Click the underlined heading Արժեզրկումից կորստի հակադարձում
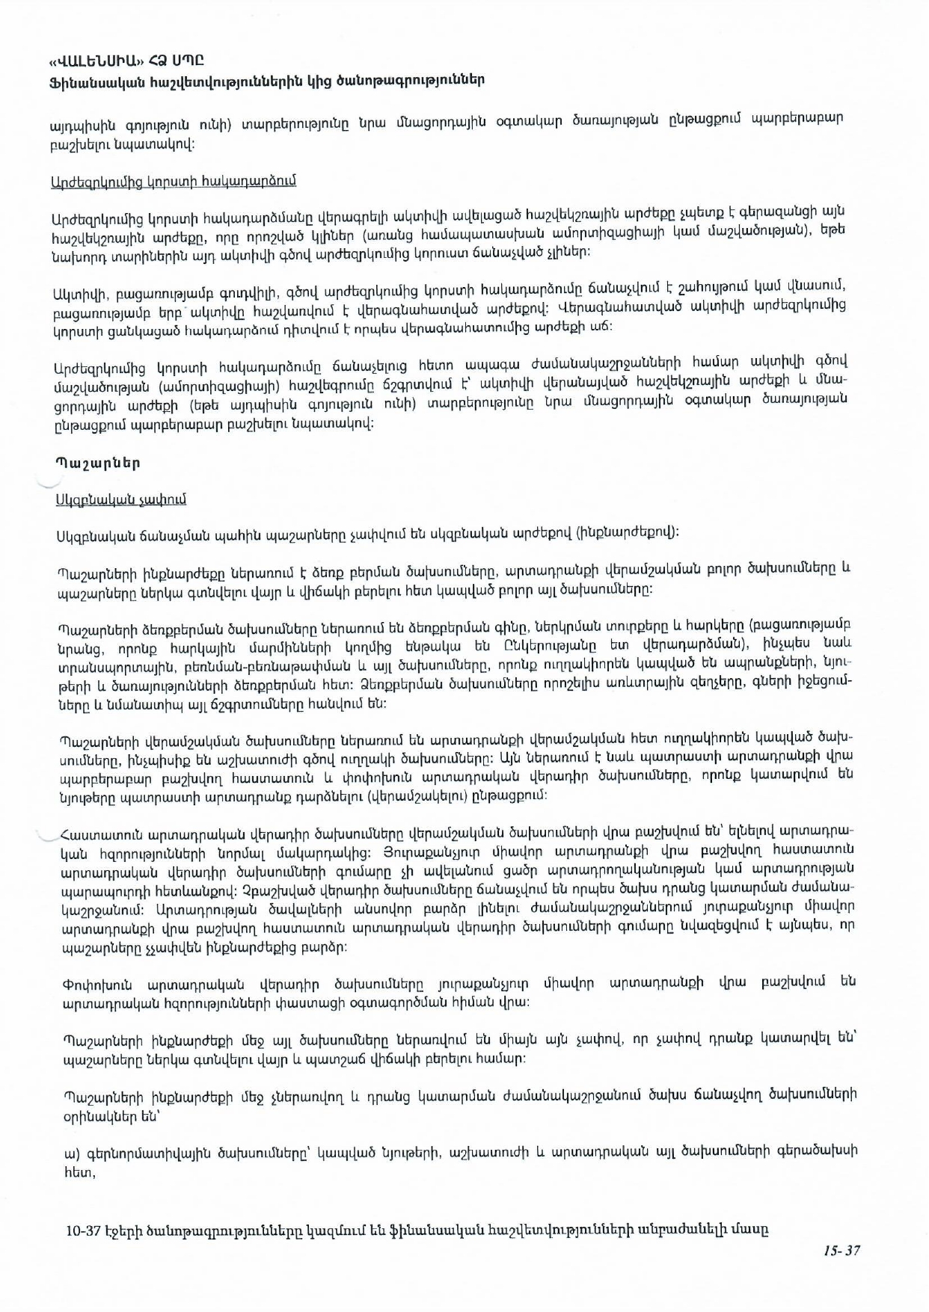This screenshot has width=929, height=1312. pyautogui.click(x=174, y=181)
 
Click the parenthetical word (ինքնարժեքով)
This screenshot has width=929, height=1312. pyautogui.click(x=628, y=533)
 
